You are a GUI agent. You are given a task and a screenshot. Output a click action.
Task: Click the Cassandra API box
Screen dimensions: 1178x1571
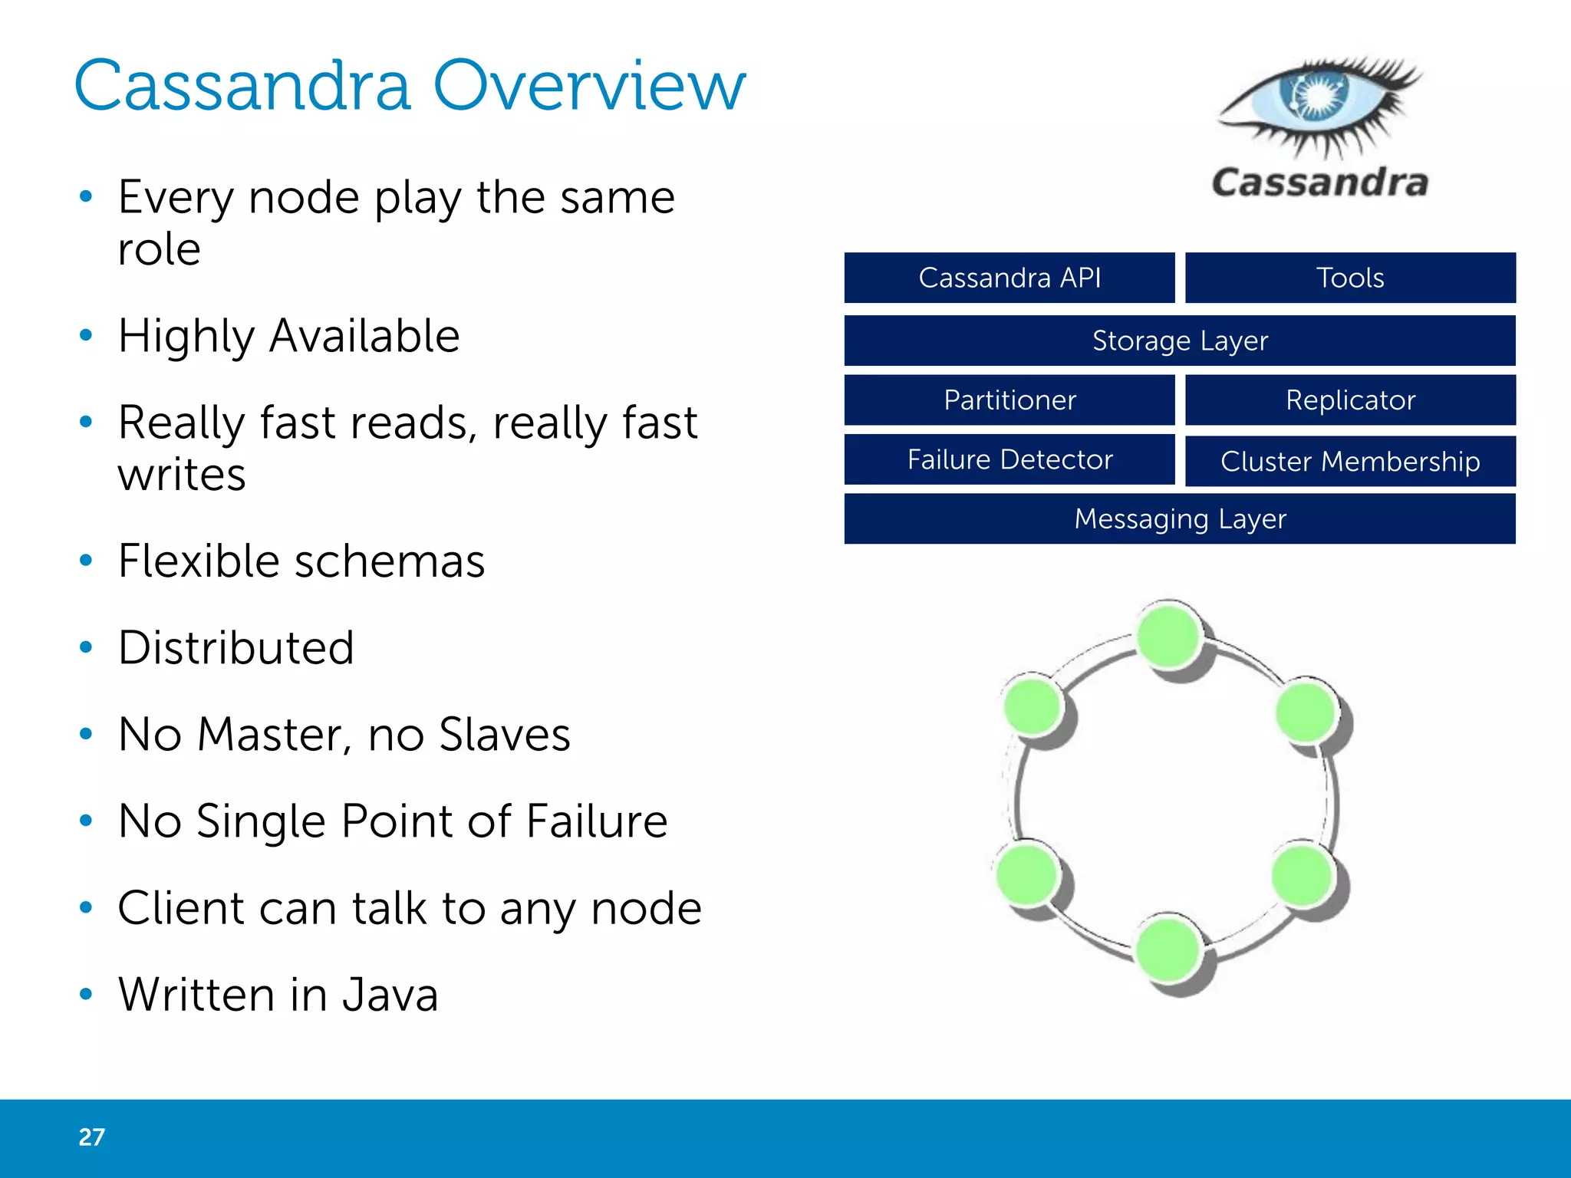[x=1009, y=278]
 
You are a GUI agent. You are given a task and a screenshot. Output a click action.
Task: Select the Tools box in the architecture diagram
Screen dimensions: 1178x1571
[x=1350, y=278]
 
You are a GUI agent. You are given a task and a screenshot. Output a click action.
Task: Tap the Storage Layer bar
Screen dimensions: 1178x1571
[x=1180, y=341]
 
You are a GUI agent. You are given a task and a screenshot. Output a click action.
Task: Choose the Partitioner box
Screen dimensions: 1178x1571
[x=1009, y=400]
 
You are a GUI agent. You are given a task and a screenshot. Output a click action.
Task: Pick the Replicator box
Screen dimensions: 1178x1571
[x=1350, y=400]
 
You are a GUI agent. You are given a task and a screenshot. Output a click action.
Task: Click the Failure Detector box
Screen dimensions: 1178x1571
[x=1009, y=459]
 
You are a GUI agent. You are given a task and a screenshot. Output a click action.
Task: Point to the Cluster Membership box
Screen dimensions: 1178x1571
[x=1350, y=461]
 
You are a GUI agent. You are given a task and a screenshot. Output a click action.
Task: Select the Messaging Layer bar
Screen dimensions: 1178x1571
[x=1180, y=519]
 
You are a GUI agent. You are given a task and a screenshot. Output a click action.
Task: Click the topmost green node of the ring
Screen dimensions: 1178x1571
[x=1169, y=636]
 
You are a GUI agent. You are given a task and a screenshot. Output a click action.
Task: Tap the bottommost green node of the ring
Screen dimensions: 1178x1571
[x=1168, y=949]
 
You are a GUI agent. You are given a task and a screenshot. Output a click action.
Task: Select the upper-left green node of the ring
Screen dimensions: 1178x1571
[x=1033, y=704]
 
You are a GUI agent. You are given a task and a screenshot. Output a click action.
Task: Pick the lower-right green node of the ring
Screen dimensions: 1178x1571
[x=1302, y=874]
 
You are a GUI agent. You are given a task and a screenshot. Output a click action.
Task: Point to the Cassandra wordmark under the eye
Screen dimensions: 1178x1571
[x=1319, y=183]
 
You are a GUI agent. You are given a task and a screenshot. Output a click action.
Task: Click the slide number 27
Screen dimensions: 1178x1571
[x=91, y=1137]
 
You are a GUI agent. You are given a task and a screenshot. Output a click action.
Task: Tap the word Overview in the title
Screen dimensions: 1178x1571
[x=588, y=86]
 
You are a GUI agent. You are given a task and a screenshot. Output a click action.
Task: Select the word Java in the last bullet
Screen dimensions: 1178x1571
[x=390, y=995]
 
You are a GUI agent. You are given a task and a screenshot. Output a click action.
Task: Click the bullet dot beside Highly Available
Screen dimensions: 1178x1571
[x=86, y=335]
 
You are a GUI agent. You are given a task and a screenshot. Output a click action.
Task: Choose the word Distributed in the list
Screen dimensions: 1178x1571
[x=236, y=647]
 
